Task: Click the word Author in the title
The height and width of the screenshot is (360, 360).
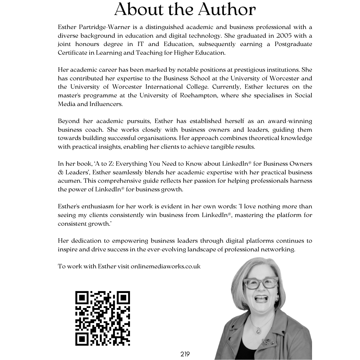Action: pos(227,10)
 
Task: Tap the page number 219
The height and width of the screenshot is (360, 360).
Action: pos(185,354)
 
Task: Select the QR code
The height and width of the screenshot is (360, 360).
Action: pos(102,318)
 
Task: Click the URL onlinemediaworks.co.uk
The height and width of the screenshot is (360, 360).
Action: pos(166,266)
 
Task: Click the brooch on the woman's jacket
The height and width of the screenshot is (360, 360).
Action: pos(265,341)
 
